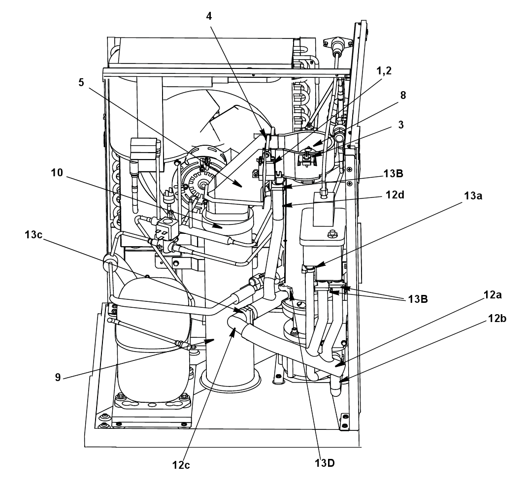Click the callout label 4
(209, 16)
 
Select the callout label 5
(81, 82)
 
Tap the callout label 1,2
(384, 71)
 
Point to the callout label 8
(403, 95)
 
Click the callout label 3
(401, 125)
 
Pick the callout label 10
(57, 173)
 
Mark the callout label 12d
(395, 194)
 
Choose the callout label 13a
(473, 195)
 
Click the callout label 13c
(33, 234)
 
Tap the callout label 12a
(493, 295)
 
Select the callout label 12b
(497, 319)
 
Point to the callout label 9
(58, 378)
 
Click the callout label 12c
(181, 465)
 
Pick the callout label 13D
(325, 463)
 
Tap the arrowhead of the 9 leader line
(210, 341)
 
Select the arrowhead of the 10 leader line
(219, 227)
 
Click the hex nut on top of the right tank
(332, 233)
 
